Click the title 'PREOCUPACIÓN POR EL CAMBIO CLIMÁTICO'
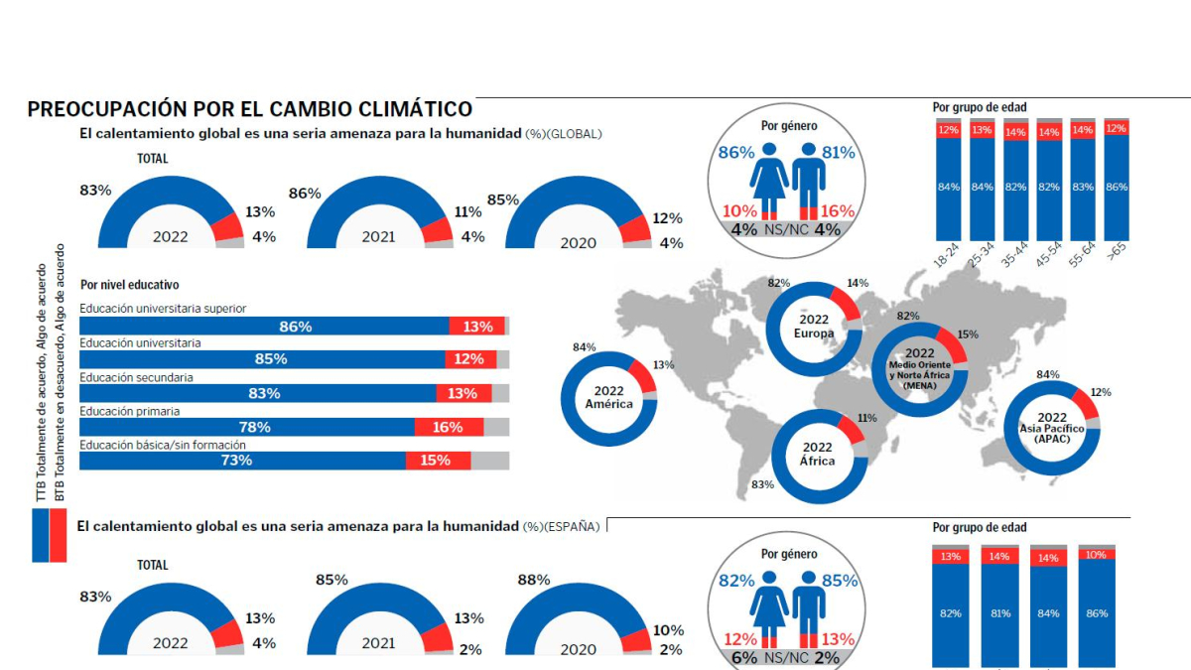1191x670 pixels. pyautogui.click(x=249, y=109)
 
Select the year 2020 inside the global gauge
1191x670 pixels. pyautogui.click(x=578, y=243)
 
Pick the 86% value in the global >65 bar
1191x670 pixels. pyautogui.click(x=1117, y=187)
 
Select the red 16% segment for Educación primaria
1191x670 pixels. pyautogui.click(x=448, y=427)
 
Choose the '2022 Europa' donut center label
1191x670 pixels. pyautogui.click(x=813, y=327)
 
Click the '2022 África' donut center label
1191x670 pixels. pyautogui.click(x=818, y=454)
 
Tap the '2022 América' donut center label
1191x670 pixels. pyautogui.click(x=608, y=397)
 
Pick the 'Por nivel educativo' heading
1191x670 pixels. pyautogui.click(x=129, y=285)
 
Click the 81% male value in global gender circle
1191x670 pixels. pyautogui.click(x=839, y=154)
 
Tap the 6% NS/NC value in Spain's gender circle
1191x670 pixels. pyautogui.click(x=744, y=657)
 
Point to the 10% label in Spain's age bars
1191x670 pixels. pyautogui.click(x=1097, y=556)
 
